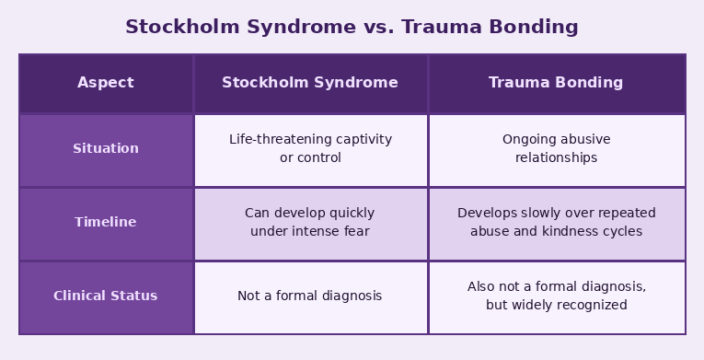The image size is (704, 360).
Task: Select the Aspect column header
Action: (x=106, y=83)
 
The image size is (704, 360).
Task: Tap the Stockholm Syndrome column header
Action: (x=310, y=83)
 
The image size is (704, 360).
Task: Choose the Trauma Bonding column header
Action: (x=556, y=83)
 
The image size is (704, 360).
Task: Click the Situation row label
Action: (x=106, y=149)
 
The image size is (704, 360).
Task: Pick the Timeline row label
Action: (x=106, y=223)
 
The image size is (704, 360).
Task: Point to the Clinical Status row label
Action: (x=106, y=296)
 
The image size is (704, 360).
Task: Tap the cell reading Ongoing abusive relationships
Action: (x=556, y=149)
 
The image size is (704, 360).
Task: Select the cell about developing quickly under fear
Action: (x=310, y=223)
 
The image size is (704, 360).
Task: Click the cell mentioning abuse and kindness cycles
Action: (x=556, y=223)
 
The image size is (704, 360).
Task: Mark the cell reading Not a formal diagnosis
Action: (x=310, y=296)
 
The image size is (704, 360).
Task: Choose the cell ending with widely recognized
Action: (x=556, y=296)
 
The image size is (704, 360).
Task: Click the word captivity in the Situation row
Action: (x=363, y=140)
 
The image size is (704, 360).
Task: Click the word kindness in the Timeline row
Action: (x=579, y=232)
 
